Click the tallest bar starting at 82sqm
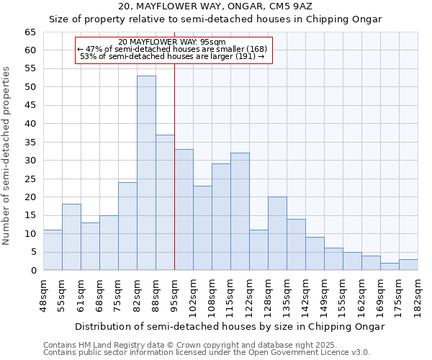point(146,173)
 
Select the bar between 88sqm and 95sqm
point(165,202)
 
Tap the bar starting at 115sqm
point(240,212)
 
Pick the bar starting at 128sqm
point(277,233)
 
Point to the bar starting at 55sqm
point(71,237)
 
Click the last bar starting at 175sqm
point(408,265)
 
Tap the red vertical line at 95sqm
point(174,166)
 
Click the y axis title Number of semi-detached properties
point(7,156)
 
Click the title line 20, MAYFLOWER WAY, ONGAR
point(215,6)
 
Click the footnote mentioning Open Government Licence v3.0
point(207,353)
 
